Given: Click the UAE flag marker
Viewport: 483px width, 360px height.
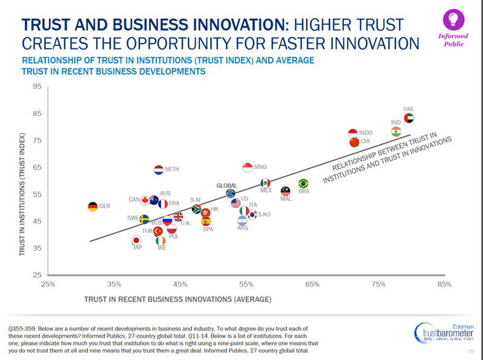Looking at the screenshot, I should [409, 118].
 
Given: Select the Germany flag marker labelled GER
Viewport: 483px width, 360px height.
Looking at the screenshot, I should [92, 207].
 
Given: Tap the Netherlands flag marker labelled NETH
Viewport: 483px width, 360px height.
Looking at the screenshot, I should [159, 170].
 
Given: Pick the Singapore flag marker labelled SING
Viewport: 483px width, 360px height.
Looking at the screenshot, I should [247, 167].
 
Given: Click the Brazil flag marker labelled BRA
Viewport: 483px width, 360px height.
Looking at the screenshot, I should [303, 183].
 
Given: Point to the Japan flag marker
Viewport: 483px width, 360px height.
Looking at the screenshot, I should [136, 240].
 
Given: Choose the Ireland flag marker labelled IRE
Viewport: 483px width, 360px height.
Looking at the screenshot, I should [161, 241].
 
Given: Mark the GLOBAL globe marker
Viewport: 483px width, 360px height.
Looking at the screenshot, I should [231, 194].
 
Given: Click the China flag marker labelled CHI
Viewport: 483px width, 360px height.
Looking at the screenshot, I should [354, 142].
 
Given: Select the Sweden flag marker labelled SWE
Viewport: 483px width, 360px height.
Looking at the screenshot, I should [145, 218].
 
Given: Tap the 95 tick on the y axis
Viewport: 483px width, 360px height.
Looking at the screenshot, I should [37, 86].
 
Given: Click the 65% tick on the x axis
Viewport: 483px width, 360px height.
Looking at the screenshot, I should [312, 284].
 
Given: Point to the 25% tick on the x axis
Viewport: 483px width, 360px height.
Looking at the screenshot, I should [48, 284].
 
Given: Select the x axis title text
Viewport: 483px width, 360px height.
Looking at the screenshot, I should [178, 298].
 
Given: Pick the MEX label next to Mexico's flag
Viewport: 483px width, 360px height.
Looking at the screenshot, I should [266, 190].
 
